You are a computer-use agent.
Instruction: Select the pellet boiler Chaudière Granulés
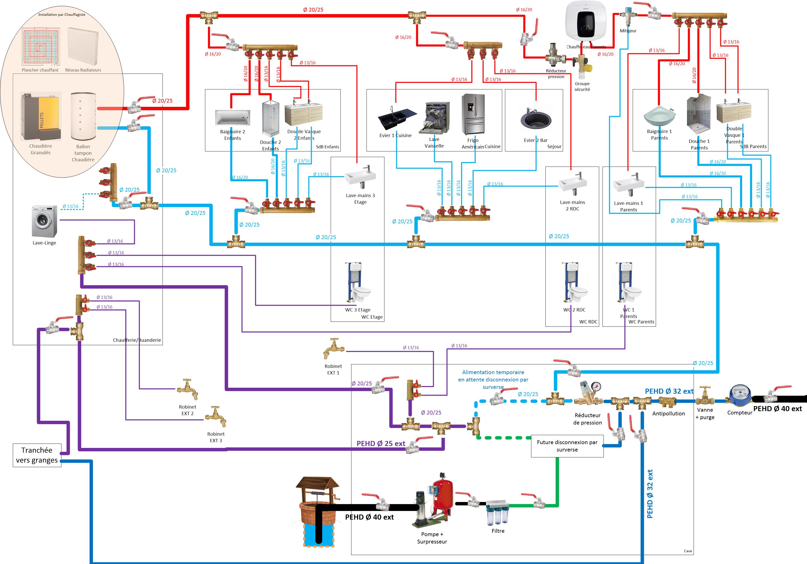click(41, 116)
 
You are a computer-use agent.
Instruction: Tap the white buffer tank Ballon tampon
click(83, 116)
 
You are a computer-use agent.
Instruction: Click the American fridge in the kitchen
click(473, 114)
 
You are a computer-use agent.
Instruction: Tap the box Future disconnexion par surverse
click(567, 446)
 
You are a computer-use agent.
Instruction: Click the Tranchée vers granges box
click(37, 455)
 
